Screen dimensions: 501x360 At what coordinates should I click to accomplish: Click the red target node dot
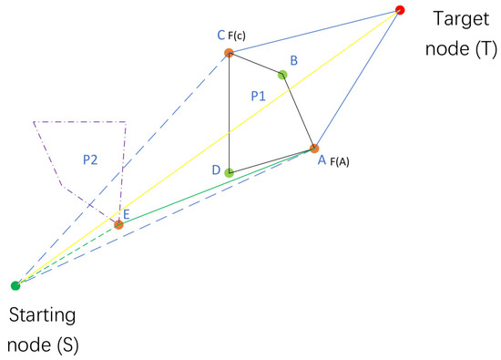coord(400,11)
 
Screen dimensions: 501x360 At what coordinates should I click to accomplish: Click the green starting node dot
coord(15,285)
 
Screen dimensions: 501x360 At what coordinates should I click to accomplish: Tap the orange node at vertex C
coord(229,53)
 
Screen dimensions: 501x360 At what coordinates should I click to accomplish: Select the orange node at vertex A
coord(314,148)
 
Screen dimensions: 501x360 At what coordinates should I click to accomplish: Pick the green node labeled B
coord(282,75)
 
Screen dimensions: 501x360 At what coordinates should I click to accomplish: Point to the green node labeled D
coord(229,171)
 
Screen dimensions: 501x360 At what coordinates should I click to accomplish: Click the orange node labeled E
coord(118,223)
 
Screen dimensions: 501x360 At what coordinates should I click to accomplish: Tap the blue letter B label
coord(293,60)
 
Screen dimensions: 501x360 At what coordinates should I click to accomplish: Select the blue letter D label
coord(215,170)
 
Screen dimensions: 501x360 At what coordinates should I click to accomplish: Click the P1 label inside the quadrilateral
coord(260,95)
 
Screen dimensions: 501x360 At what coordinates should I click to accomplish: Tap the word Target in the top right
coord(460,17)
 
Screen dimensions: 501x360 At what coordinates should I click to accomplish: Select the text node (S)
coord(42,344)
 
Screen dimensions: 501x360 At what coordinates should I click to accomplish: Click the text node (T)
coord(460,46)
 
